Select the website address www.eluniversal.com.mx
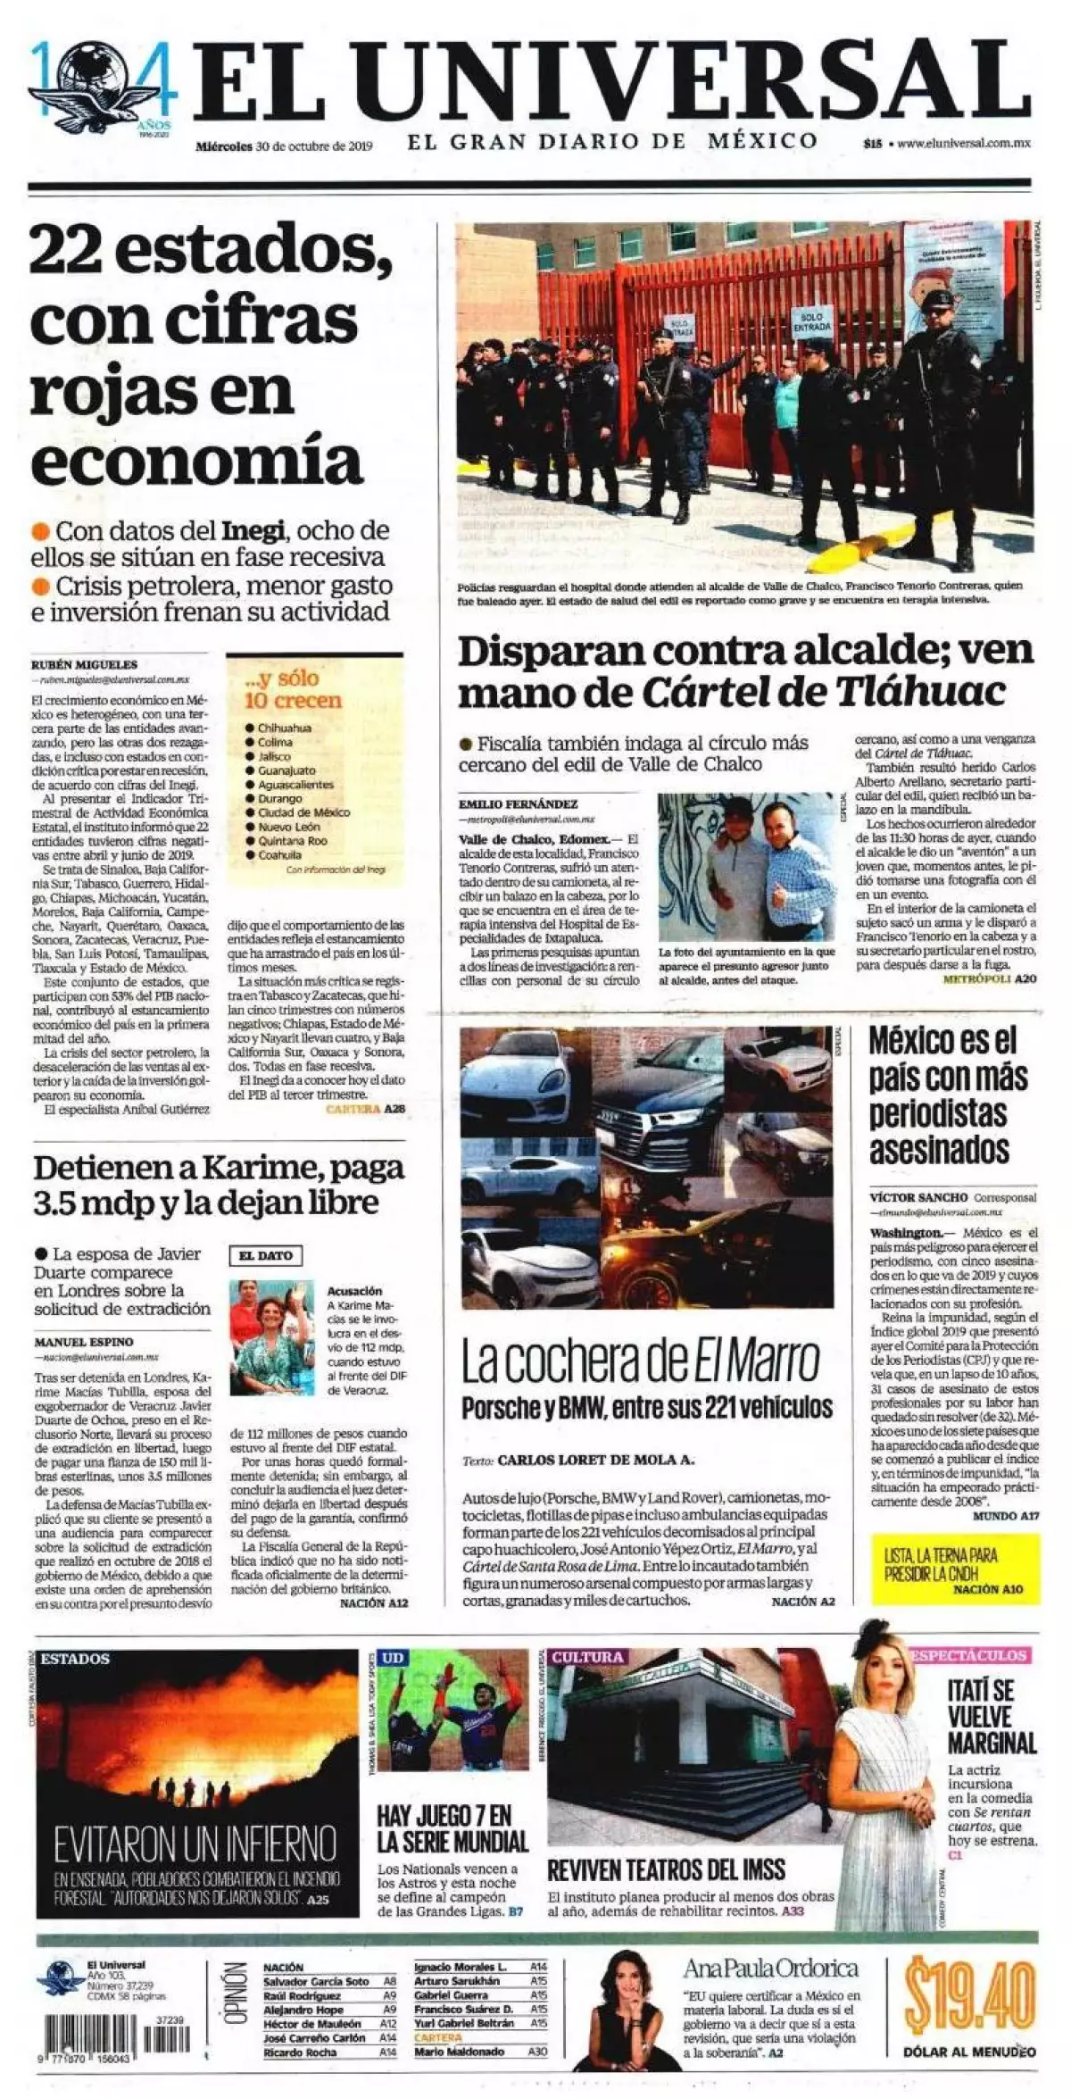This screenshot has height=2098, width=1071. point(964,143)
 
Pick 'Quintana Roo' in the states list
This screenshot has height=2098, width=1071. point(292,841)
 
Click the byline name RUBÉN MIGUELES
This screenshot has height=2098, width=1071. point(84,664)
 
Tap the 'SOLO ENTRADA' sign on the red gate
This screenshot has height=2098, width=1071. point(811,322)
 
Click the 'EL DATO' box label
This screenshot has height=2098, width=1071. point(266,1255)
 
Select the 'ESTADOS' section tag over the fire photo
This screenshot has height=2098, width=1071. point(75,1659)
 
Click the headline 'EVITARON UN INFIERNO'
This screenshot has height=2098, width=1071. point(195,1844)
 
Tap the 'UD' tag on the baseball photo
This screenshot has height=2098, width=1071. point(393,1658)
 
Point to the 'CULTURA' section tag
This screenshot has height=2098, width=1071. point(587,1657)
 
